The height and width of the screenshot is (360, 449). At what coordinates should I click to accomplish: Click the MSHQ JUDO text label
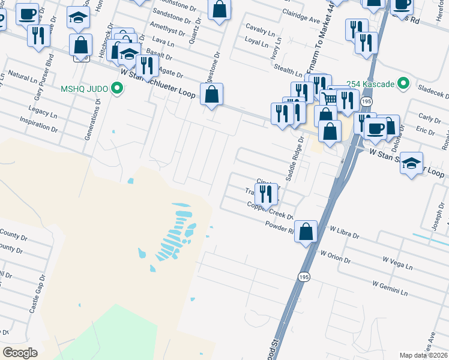84,89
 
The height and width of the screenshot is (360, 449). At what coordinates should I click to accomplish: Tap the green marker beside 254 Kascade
404,83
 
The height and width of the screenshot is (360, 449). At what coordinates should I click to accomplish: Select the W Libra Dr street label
344,232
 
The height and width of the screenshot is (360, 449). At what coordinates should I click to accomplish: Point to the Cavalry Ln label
260,28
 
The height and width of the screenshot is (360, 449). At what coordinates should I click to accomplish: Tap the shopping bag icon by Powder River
306,231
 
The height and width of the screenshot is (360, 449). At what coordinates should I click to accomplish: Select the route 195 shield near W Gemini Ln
304,277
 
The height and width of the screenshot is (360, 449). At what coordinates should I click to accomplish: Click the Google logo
20,353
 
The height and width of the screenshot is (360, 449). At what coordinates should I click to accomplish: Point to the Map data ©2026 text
424,355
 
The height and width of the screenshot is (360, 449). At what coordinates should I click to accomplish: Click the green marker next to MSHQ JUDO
118,89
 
